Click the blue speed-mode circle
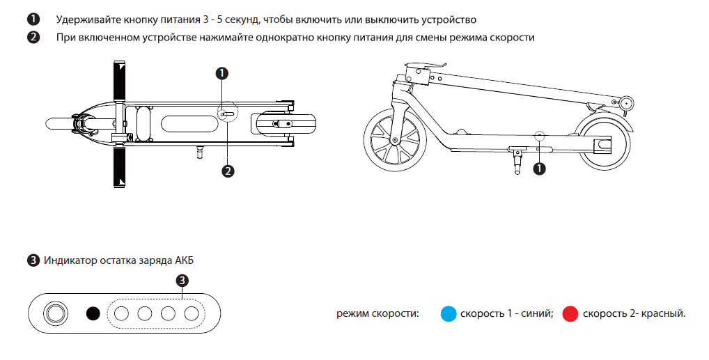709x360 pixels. coord(449,314)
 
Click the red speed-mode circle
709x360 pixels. coord(571,314)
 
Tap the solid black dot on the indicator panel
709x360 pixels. coord(93,313)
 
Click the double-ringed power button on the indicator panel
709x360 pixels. coord(54,313)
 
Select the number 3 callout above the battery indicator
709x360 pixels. coord(182,281)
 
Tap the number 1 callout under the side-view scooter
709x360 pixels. coord(540,168)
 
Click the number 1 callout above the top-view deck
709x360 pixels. coord(222,73)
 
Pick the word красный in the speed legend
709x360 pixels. coord(662,314)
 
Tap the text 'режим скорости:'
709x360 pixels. coord(378,314)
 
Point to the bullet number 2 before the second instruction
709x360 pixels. coord(33,38)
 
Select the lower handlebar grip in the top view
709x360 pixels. coord(118,166)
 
